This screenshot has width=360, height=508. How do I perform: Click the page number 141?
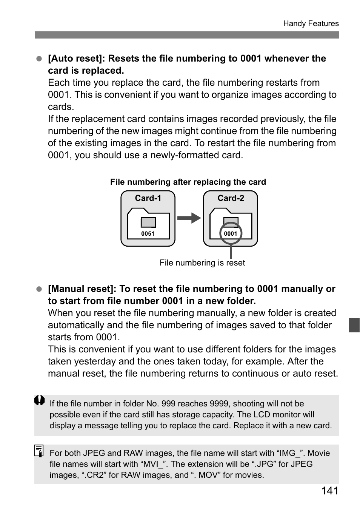coord(330,491)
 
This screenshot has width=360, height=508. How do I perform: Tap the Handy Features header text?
coord(311,23)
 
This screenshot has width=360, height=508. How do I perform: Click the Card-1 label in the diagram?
coord(148,198)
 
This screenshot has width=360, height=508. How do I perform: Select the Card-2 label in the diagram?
coord(231,198)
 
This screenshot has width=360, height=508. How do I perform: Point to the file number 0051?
coord(148,234)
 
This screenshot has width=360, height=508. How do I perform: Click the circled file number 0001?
coord(230,234)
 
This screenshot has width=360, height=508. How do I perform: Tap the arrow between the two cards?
coord(189,218)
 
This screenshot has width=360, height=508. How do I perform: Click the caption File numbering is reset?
coord(202,263)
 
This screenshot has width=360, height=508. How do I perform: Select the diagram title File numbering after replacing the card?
coord(188,182)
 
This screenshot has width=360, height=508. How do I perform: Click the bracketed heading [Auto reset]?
coord(77,59)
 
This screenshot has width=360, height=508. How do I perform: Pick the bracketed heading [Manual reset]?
coord(82,289)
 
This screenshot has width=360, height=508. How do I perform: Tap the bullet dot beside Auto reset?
coord(38,59)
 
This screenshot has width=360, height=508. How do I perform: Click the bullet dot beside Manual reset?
coord(38,289)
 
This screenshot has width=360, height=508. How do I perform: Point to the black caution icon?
coord(39,401)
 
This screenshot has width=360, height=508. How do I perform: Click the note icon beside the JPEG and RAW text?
coord(39,451)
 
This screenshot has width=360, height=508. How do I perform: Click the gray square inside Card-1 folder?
coord(148,222)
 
